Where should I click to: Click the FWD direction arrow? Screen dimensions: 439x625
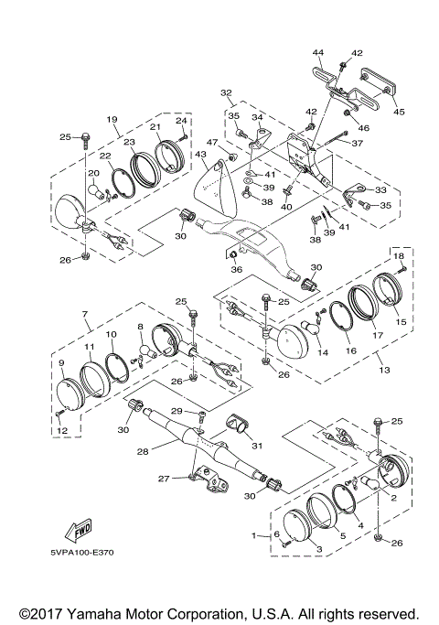click(x=79, y=530)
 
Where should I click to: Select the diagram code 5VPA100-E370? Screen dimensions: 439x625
click(x=82, y=553)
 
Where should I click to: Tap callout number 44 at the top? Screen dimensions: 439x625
click(x=318, y=52)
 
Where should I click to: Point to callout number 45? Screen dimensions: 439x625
click(x=399, y=112)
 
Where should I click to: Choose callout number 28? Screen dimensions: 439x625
click(x=143, y=451)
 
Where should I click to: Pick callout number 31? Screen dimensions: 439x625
click(x=257, y=446)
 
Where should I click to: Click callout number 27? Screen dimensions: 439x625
click(x=164, y=479)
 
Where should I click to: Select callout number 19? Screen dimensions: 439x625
click(x=112, y=119)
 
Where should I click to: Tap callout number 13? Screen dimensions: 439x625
click(x=384, y=370)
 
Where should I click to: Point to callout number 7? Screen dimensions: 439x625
click(x=85, y=314)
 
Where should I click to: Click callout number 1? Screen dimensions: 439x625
click(x=253, y=535)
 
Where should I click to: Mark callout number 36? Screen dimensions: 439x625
click(x=237, y=269)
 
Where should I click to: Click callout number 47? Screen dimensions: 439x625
click(x=212, y=143)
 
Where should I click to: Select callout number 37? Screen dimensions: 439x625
click(x=358, y=143)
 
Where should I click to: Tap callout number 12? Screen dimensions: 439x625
click(x=62, y=430)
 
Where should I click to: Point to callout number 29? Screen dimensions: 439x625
click(x=177, y=411)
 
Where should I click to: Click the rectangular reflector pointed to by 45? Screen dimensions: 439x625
click(x=378, y=85)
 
